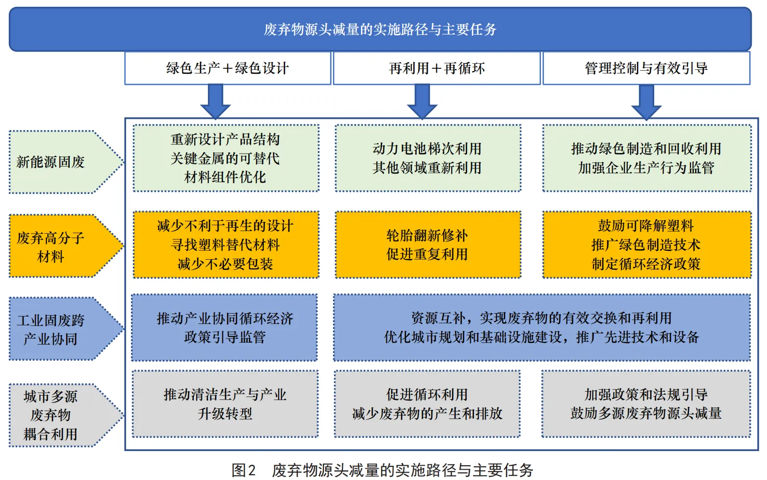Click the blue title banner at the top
(380, 29)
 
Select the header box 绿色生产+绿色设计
(228, 68)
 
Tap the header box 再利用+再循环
(436, 68)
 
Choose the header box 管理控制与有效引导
(646, 68)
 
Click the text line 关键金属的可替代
(225, 158)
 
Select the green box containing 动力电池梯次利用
(428, 158)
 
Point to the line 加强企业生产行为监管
(646, 168)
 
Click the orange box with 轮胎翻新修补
(428, 244)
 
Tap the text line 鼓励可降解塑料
(646, 226)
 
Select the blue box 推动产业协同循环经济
(225, 327)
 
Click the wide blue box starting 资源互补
(541, 327)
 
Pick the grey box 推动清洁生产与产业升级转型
(225, 404)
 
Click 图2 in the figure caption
(244, 470)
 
